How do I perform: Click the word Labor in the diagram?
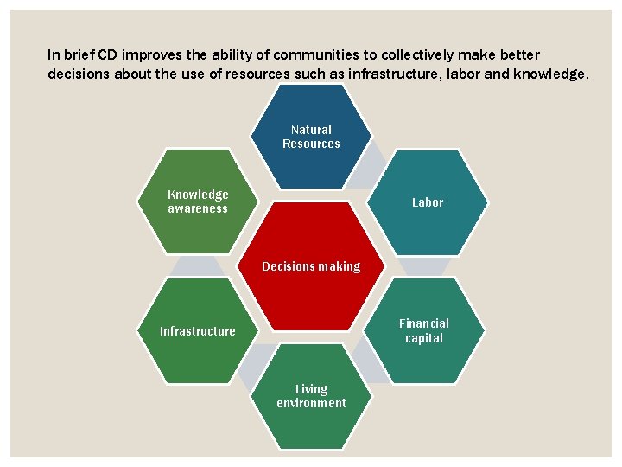(427, 202)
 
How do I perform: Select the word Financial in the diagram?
(424, 323)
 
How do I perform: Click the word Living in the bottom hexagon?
(311, 389)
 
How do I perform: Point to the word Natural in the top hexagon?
(311, 130)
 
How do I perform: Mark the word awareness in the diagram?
(198, 208)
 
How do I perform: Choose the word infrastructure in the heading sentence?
(392, 74)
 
